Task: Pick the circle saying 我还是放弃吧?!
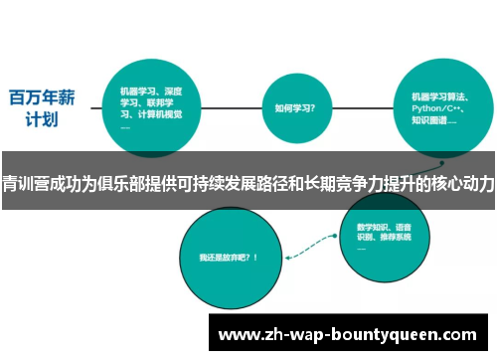pos(228,257)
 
